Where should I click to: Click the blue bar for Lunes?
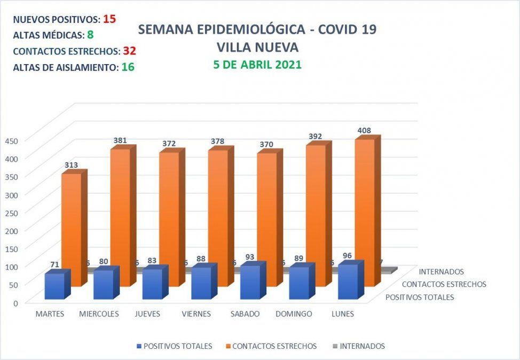click(348, 281)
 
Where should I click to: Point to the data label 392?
click(315, 137)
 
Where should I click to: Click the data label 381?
click(120, 140)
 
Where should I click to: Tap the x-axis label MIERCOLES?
click(99, 314)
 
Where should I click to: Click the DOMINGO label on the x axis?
click(294, 314)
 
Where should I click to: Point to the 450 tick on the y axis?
click(12, 140)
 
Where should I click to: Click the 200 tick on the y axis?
click(12, 230)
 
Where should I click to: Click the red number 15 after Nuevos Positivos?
click(109, 19)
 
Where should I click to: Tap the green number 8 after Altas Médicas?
click(90, 35)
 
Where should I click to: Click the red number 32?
click(130, 51)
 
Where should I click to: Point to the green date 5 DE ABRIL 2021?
click(257, 65)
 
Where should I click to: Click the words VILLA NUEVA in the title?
click(257, 47)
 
